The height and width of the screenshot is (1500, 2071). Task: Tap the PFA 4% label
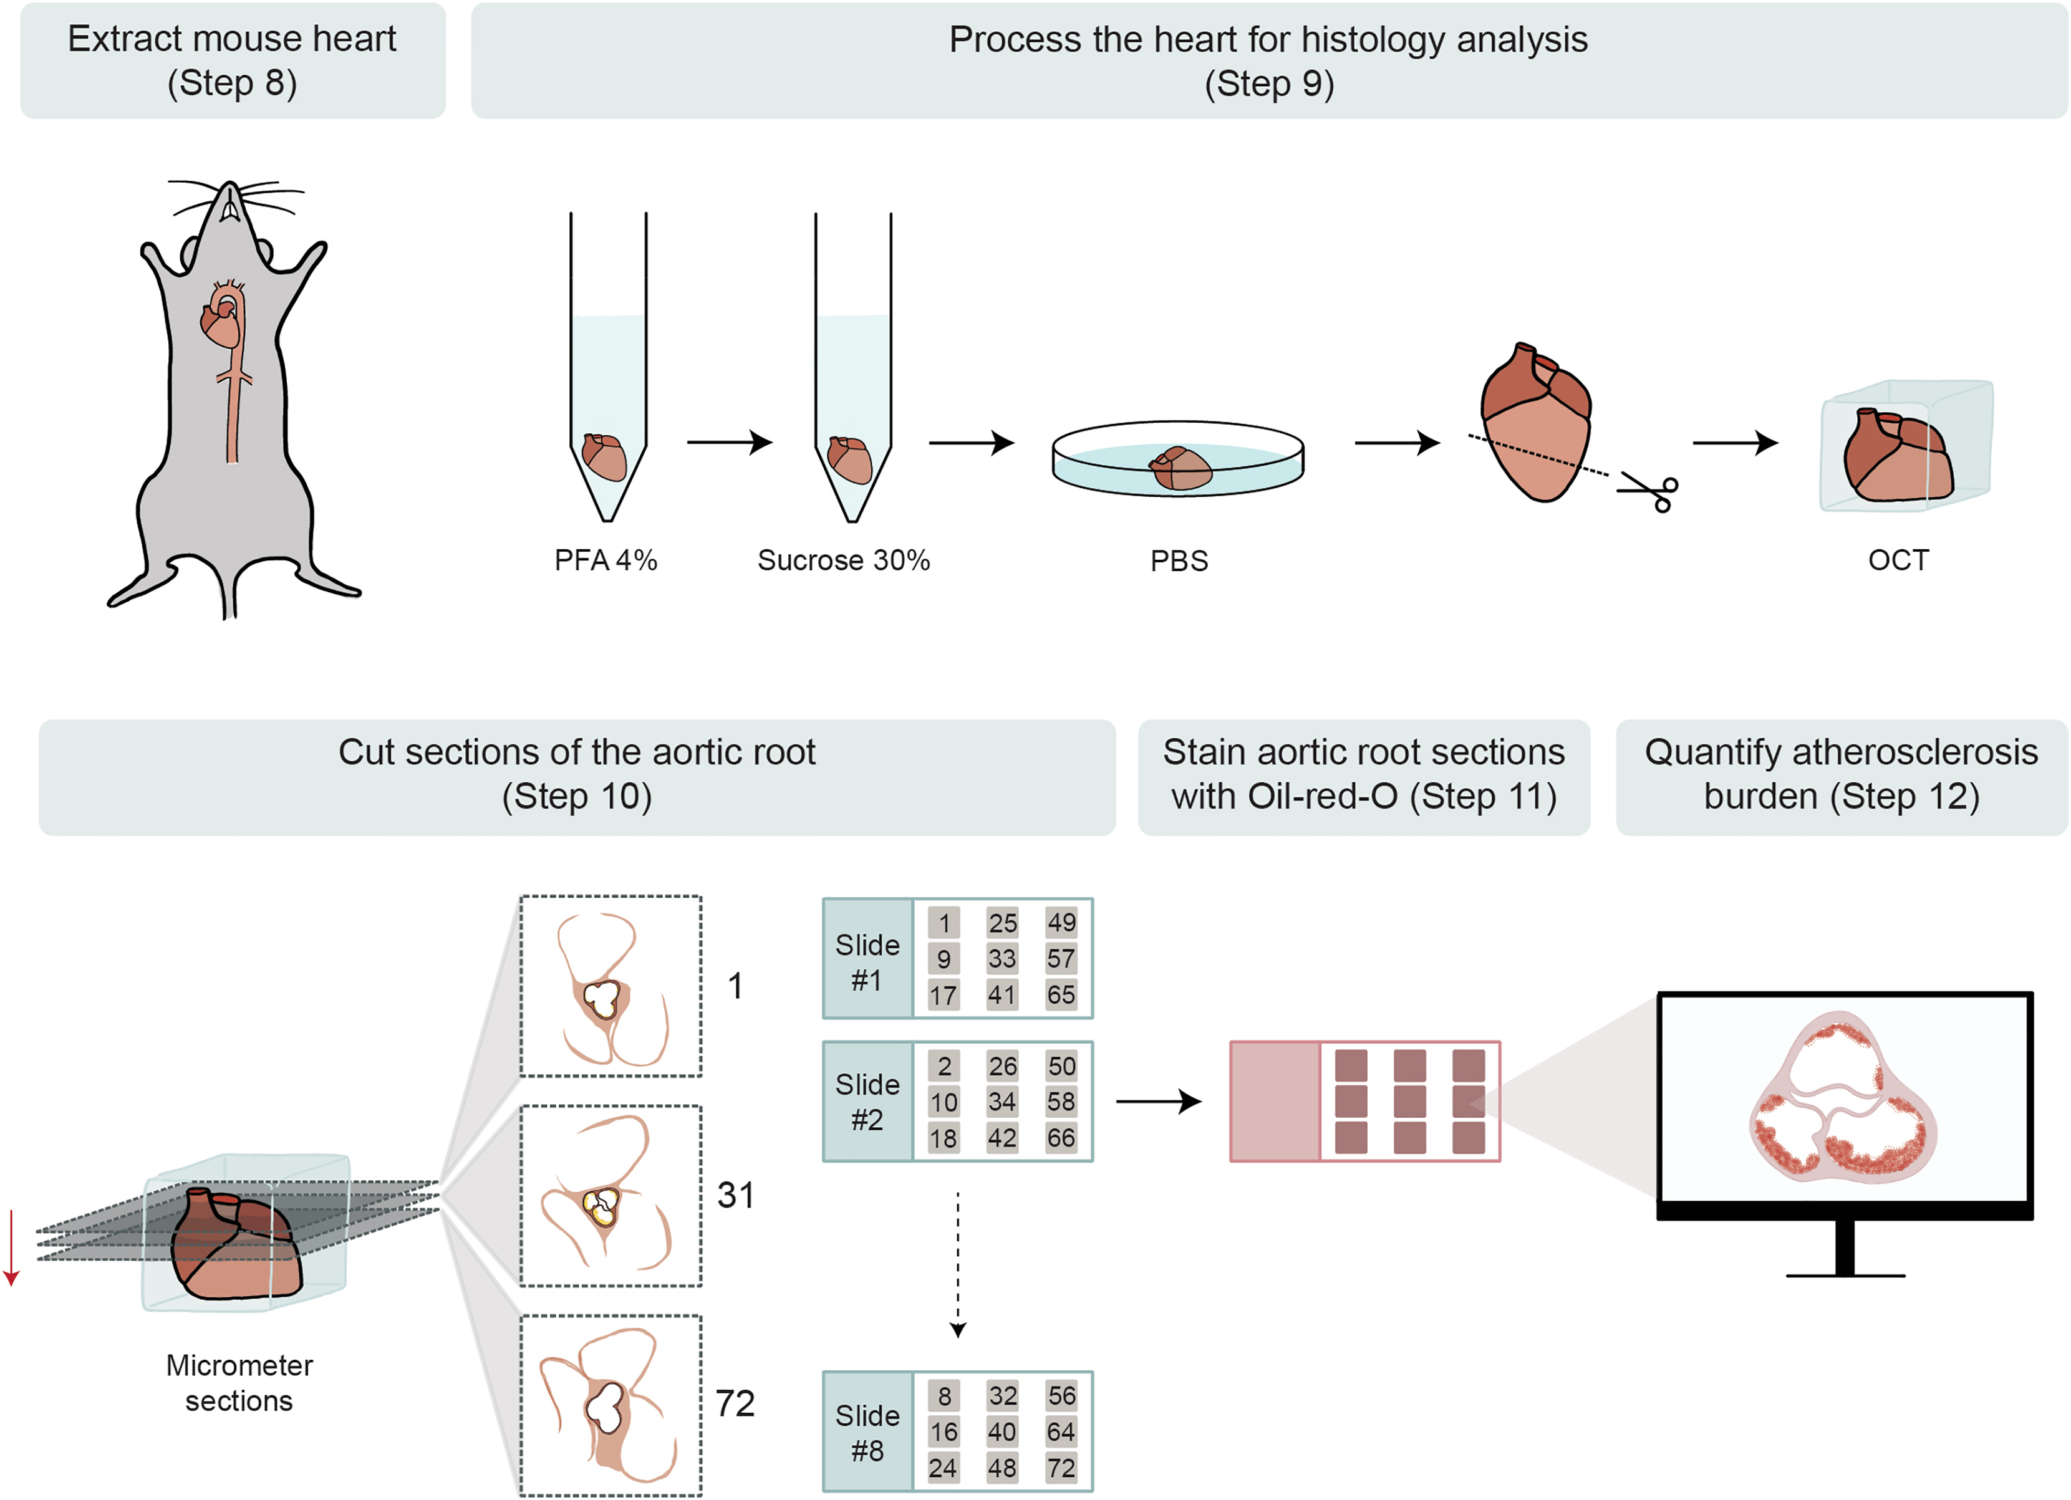606,560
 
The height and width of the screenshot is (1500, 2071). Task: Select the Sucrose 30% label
843,560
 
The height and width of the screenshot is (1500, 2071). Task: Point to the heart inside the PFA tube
604,456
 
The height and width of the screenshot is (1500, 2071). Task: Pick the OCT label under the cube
1898,560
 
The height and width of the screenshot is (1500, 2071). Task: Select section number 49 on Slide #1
1061,922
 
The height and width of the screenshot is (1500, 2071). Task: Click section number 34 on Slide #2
1002,1102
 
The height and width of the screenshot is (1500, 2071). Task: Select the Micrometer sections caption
239,1382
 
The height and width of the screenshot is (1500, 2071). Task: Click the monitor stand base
1845,1274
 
